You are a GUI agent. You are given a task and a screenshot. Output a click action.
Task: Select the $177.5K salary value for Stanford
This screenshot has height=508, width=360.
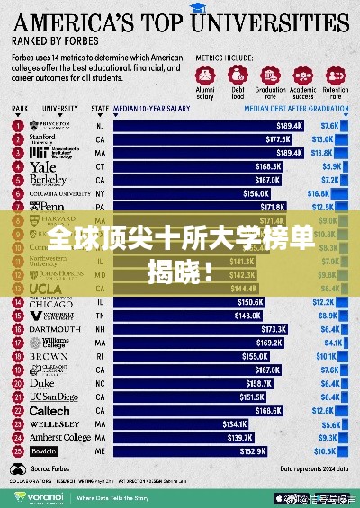tap(271, 139)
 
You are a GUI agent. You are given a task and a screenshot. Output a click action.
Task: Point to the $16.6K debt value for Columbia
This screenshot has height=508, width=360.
tap(319, 192)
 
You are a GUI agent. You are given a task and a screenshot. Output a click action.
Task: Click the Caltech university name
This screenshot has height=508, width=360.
tap(49, 411)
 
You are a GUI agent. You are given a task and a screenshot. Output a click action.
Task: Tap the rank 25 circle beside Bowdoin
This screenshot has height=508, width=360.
tap(16, 450)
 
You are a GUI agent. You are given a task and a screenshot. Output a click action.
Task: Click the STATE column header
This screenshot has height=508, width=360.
tap(100, 110)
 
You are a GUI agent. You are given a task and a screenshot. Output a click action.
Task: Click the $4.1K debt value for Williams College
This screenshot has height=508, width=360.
tap(324, 343)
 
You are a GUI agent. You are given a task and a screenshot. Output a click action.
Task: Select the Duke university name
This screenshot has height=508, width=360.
tap(44, 383)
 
